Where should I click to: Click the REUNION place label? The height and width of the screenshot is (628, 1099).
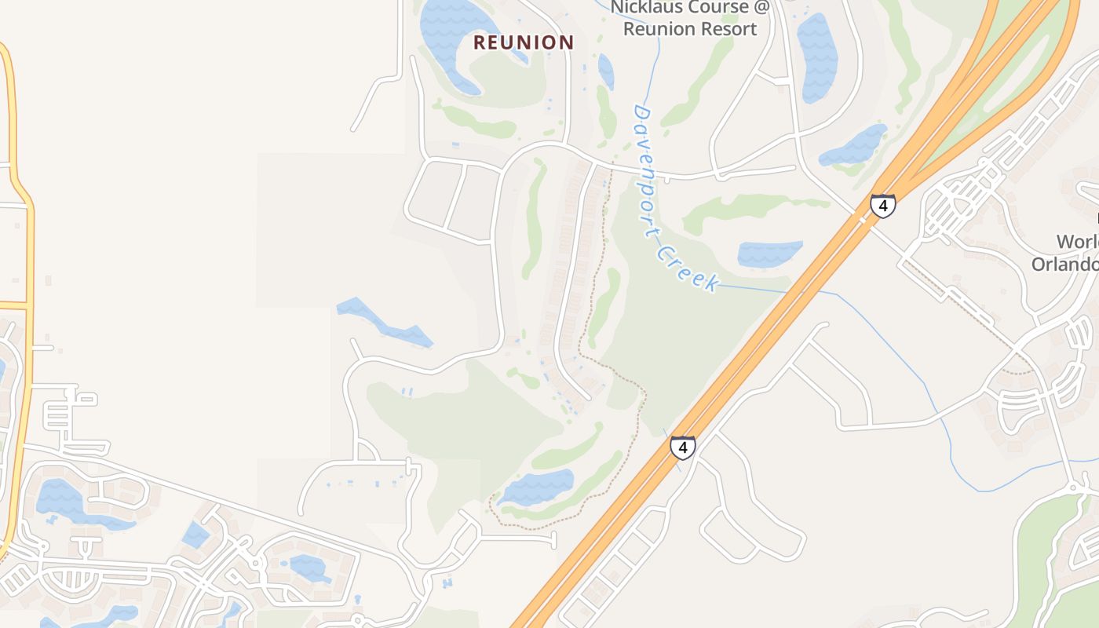tap(524, 42)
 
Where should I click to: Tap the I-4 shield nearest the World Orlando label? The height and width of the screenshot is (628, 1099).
tap(882, 206)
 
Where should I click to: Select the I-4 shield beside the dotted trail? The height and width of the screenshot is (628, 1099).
tap(682, 448)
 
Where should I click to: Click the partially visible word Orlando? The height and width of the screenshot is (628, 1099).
tap(1066, 265)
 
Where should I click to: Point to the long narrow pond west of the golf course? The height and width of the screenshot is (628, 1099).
tap(385, 322)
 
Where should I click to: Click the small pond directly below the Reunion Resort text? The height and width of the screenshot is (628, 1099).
tap(606, 71)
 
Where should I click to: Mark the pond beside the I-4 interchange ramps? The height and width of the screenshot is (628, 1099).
tap(854, 146)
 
